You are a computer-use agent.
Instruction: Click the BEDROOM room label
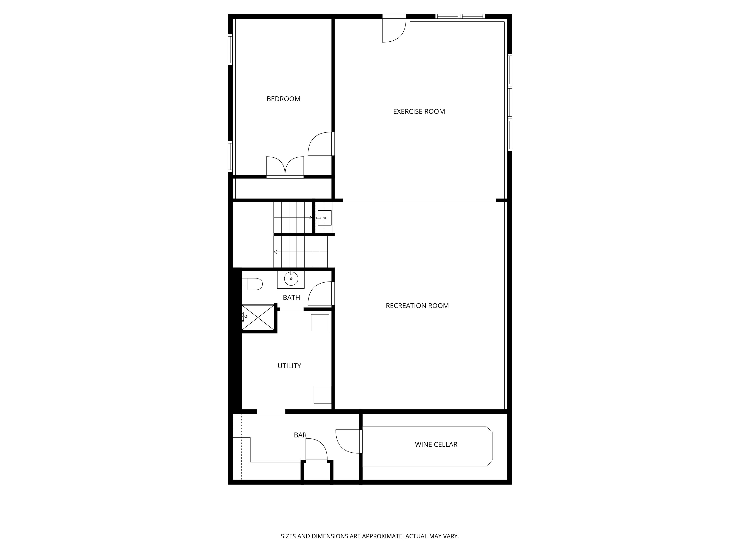pos(283,99)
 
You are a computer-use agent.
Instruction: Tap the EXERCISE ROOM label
pos(419,112)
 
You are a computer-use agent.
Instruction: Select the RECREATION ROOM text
pos(417,306)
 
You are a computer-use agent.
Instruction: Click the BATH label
pos(291,298)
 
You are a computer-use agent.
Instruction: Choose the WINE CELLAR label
pos(436,445)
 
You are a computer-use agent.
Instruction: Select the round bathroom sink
pos(291,278)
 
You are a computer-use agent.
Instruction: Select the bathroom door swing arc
pos(320,294)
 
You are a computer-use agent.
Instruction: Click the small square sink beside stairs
pos(324,218)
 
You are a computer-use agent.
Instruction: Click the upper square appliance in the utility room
pos(320,323)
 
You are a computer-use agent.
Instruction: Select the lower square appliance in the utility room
pos(322,395)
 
